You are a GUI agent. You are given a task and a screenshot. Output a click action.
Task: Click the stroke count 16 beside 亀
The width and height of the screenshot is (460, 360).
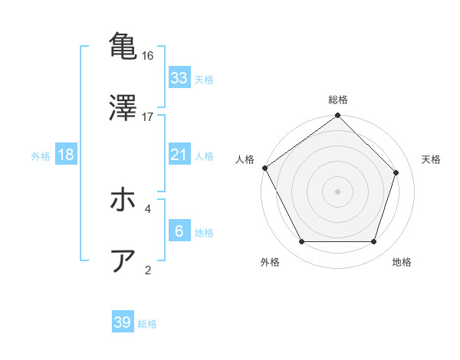click(148, 56)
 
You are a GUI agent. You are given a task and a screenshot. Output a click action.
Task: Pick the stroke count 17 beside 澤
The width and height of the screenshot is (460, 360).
click(148, 116)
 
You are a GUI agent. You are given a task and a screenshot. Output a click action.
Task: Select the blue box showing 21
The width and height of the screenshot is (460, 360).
click(179, 155)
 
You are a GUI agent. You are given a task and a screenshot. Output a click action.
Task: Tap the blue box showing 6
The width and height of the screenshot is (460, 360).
click(179, 231)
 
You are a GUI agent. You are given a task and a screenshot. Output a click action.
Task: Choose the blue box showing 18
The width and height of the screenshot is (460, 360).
click(66, 155)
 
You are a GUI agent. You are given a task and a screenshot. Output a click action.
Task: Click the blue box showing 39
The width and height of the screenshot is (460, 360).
click(123, 322)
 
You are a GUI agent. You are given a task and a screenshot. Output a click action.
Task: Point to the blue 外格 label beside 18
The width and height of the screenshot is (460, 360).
click(41, 155)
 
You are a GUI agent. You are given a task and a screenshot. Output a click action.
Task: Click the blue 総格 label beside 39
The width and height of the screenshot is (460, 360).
click(147, 323)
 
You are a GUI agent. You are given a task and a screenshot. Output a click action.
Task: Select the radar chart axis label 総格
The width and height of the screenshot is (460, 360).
click(338, 100)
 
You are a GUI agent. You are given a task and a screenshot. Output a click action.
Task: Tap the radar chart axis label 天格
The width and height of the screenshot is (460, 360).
click(432, 159)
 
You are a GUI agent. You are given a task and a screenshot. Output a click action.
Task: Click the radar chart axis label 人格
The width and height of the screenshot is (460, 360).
click(245, 159)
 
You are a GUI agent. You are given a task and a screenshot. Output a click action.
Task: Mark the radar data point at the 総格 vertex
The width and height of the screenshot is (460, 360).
click(338, 116)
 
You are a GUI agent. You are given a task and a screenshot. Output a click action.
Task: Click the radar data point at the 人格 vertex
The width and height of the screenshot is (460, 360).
click(264, 168)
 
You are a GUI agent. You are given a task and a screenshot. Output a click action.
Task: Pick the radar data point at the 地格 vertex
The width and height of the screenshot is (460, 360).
click(374, 242)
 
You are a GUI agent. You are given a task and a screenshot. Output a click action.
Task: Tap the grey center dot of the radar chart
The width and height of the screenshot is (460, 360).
click(338, 191)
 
